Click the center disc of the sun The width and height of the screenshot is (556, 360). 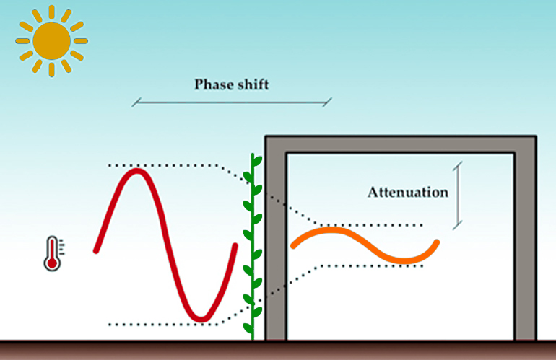(52, 40)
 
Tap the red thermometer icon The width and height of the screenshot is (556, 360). (53, 254)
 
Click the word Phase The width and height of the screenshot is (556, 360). (212, 85)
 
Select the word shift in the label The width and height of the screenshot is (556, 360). (252, 84)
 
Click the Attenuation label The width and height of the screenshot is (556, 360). (408, 192)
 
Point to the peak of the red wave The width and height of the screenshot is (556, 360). (137, 171)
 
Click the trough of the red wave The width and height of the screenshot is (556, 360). (201, 320)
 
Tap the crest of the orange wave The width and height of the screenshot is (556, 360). (331, 230)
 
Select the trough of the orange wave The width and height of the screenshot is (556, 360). (404, 261)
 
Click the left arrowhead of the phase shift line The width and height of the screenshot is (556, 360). (136, 102)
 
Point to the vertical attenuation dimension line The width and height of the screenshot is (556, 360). (458, 196)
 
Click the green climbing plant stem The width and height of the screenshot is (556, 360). (253, 247)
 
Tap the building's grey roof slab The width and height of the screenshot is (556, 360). (401, 145)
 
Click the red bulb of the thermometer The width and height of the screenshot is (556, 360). (52, 263)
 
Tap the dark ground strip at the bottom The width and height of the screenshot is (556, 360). (278, 350)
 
